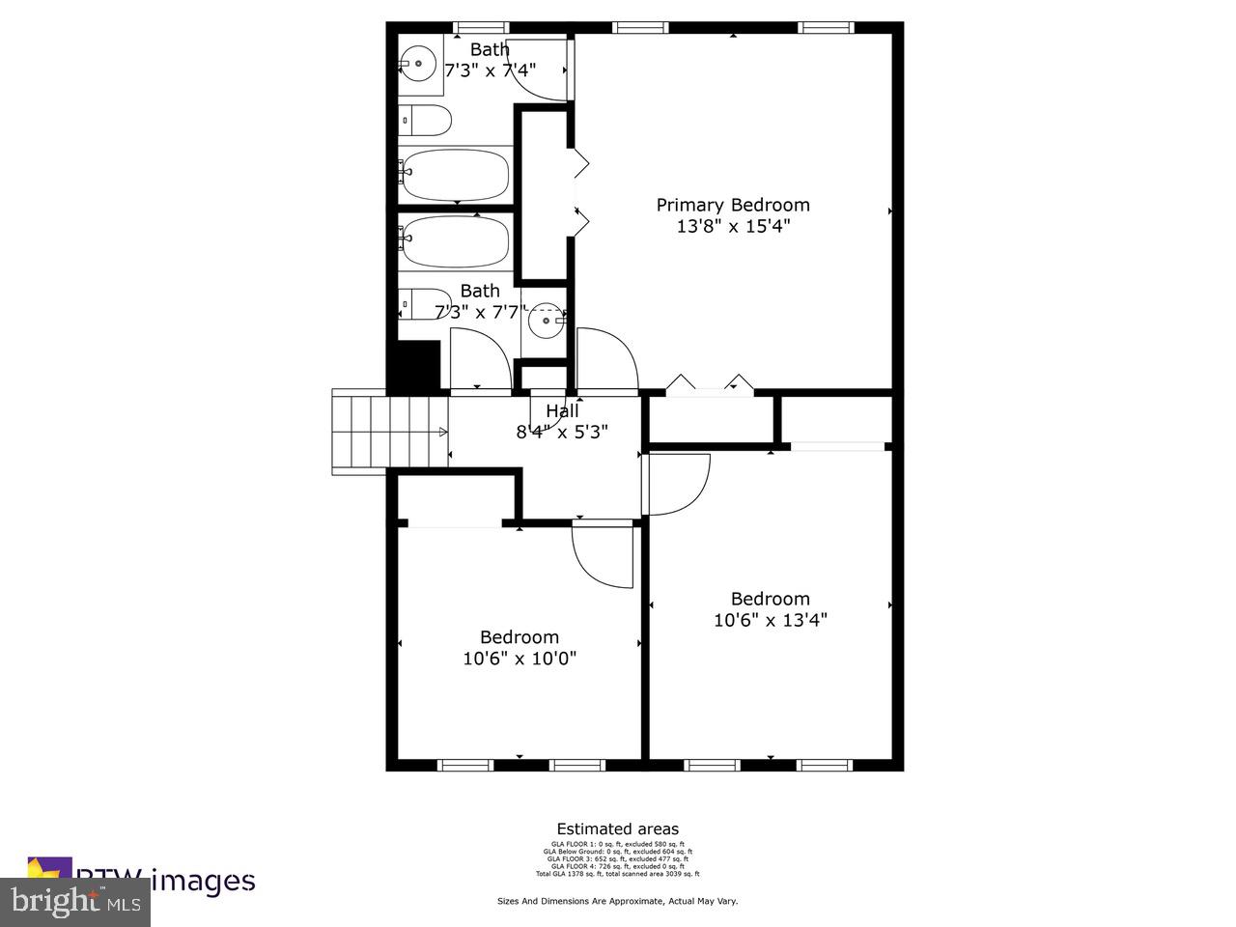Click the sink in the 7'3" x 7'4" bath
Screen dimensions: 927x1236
click(x=418, y=65)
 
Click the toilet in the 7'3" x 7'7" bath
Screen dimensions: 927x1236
click(x=425, y=304)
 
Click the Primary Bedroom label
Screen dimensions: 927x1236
click(x=733, y=205)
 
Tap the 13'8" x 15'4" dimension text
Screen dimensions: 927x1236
click(x=733, y=227)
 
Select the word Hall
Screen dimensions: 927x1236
click(x=562, y=411)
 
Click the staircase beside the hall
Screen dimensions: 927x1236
click(x=389, y=431)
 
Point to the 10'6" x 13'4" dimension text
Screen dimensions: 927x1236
click(x=770, y=620)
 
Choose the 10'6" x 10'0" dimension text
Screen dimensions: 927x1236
click(x=520, y=659)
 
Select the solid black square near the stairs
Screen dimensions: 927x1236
click(x=413, y=367)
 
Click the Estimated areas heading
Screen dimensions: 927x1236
click(x=617, y=829)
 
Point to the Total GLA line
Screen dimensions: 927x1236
click(x=617, y=873)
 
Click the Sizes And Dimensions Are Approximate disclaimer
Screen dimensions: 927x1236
click(x=617, y=901)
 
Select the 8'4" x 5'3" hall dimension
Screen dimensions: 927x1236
click(x=562, y=433)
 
